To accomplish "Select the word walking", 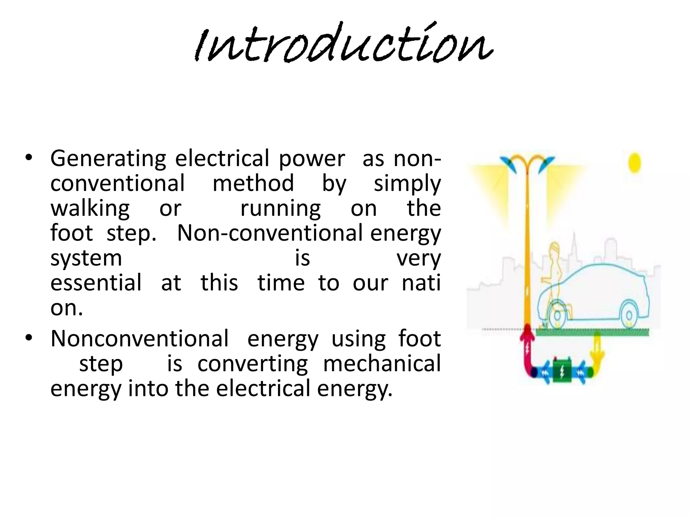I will pos(90,208).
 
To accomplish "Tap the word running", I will pos(280,208).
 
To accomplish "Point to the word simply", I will pos(407,184).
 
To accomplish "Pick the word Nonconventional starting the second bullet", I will pos(139,339).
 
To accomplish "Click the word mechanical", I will pos(382,364).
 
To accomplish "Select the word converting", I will pos(253,364).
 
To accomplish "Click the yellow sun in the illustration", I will pos(634,163).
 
